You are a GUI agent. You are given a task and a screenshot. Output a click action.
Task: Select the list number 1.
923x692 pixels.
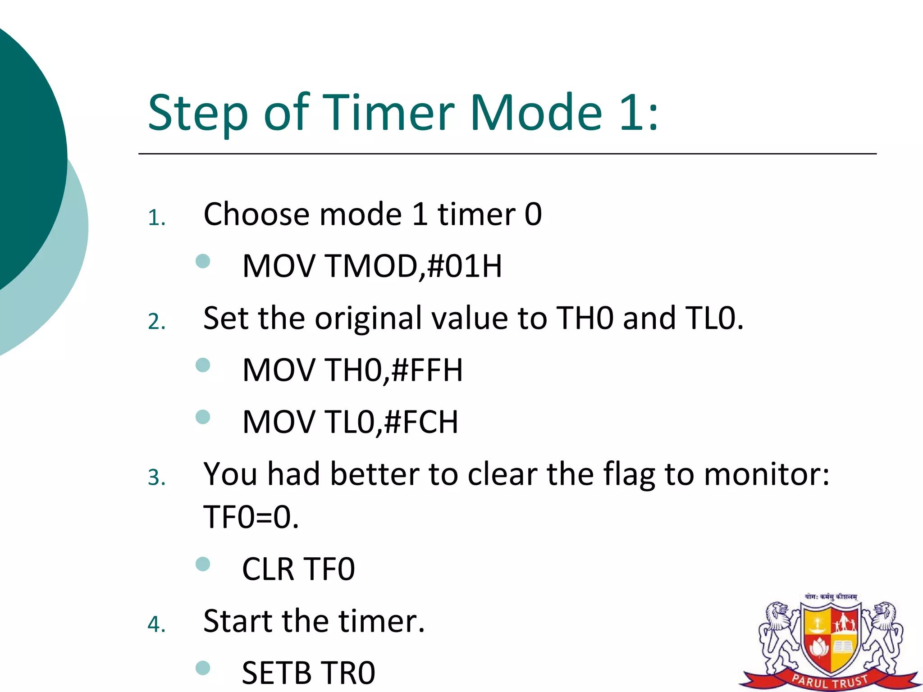[x=156, y=218]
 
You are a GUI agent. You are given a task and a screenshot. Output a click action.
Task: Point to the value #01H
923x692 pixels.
[x=464, y=266]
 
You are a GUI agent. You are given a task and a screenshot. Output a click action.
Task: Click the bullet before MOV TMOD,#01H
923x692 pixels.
[x=203, y=261]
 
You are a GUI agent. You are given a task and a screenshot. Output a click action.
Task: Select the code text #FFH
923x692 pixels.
[x=427, y=370]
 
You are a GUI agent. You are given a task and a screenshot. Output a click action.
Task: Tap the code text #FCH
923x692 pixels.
[x=422, y=422]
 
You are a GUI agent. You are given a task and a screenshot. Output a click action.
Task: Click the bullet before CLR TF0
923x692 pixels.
[x=203, y=564]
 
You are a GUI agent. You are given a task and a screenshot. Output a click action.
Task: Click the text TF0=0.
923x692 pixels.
[x=251, y=517]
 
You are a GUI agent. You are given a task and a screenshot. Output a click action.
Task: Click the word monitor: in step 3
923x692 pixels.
[x=766, y=474]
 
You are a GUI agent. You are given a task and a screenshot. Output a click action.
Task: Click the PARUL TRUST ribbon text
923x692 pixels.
[x=830, y=681]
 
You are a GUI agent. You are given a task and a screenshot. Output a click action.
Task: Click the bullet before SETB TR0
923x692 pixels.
[x=203, y=668]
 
